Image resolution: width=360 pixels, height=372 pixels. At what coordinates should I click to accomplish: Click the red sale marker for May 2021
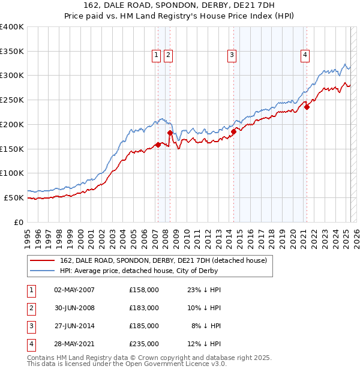(307, 107)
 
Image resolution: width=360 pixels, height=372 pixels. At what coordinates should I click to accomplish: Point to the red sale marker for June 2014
(233, 131)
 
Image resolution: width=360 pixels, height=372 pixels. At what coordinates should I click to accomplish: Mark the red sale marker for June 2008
(170, 133)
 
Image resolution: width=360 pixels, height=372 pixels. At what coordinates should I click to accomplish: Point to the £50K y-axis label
(14, 197)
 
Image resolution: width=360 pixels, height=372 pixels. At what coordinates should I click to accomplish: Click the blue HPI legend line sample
(42, 271)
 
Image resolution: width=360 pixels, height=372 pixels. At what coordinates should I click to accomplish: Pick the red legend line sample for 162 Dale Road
(42, 260)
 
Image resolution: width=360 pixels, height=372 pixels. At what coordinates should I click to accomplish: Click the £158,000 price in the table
(144, 290)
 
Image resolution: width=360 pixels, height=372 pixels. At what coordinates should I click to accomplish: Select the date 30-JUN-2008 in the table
(74, 308)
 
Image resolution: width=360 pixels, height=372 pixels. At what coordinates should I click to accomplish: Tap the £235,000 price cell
(144, 344)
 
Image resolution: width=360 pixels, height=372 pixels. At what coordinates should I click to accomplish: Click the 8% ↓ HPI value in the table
(206, 326)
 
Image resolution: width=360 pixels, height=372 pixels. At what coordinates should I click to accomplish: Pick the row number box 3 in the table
(30, 326)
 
